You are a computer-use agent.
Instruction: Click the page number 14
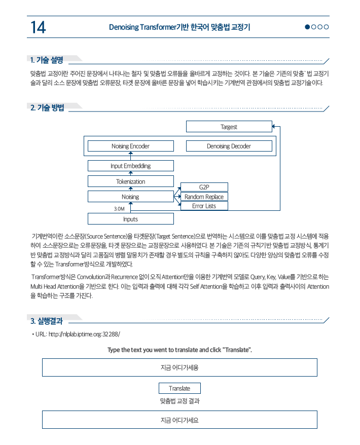tap(38, 27)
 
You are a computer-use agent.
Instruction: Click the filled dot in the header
tap(308, 27)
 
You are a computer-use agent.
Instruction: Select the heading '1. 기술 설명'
tap(47, 60)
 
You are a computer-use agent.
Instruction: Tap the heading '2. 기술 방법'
tap(47, 107)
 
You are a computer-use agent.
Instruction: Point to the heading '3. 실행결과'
tap(46, 320)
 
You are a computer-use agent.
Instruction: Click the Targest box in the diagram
tap(229, 127)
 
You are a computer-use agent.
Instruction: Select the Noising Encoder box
tap(130, 146)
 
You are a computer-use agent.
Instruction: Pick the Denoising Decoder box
tap(229, 146)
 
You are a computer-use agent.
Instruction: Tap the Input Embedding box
tap(130, 166)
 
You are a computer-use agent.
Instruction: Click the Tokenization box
tap(130, 181)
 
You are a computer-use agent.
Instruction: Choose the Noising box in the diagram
tap(130, 196)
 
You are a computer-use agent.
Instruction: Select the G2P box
tap(204, 188)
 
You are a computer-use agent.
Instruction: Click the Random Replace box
tap(204, 197)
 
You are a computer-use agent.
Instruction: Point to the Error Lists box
tap(204, 206)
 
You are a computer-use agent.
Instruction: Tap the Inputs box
tap(130, 219)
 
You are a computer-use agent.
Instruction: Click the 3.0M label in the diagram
tap(119, 208)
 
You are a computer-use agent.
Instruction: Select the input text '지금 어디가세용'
tap(179, 367)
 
